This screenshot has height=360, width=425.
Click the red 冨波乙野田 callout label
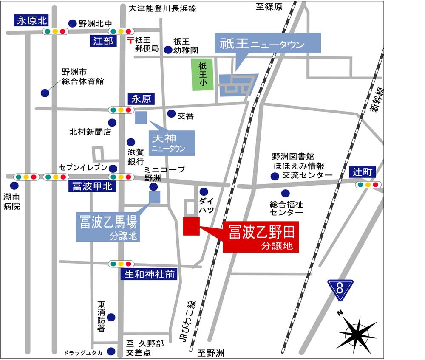[261, 237]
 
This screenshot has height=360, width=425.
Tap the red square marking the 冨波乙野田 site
[191, 226]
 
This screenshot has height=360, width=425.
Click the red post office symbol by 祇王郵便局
[130, 41]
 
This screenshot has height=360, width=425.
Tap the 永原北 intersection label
[32, 20]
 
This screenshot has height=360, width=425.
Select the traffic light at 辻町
[368, 185]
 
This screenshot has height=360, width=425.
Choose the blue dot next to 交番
[171, 113]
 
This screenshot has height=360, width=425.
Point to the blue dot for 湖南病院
[14, 186]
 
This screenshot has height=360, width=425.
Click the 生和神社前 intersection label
[150, 275]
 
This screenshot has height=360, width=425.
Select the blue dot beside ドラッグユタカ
[111, 351]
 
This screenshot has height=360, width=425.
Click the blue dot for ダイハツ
[204, 191]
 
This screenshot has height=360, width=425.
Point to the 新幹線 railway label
[376, 100]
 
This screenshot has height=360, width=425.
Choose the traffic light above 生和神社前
[119, 264]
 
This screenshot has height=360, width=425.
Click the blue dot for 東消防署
[111, 317]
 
